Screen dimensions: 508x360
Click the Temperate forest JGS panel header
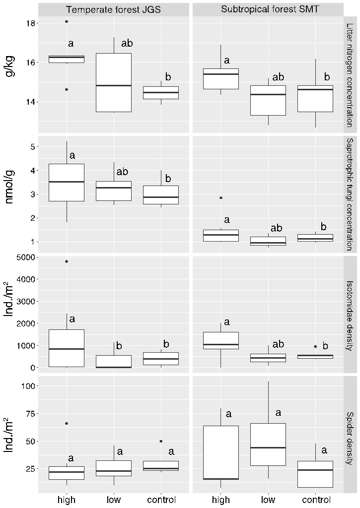pos(114,9)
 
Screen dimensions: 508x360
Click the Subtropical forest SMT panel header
pos(268,9)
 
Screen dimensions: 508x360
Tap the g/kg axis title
pos(10,65)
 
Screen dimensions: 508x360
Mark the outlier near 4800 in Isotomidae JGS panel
pos(67,261)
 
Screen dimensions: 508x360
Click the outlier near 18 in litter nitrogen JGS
pos(67,22)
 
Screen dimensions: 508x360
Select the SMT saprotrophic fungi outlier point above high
pos(221,198)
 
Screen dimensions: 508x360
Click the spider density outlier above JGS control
pos(161,441)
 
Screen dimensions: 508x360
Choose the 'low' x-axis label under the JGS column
pos(114,500)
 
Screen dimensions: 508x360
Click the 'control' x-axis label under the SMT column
pos(315,500)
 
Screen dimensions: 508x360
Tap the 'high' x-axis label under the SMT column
pos(221,500)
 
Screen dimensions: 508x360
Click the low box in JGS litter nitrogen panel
pos(114,82)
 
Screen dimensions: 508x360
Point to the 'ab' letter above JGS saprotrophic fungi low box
pos(122,172)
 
